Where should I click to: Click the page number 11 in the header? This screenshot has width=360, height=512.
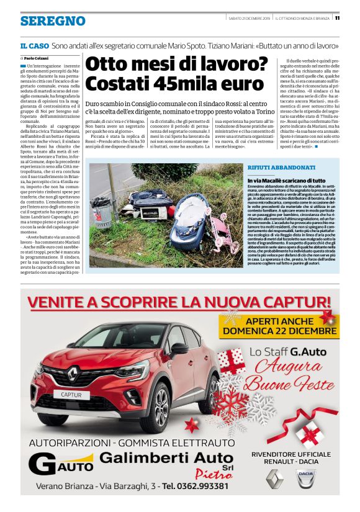click(346, 17)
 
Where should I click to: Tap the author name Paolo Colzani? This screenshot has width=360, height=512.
click(40, 58)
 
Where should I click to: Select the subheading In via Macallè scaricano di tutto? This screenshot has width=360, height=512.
click(283, 179)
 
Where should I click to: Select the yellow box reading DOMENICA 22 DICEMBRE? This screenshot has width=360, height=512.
click(279, 327)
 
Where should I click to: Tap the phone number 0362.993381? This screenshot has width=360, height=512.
click(199, 486)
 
